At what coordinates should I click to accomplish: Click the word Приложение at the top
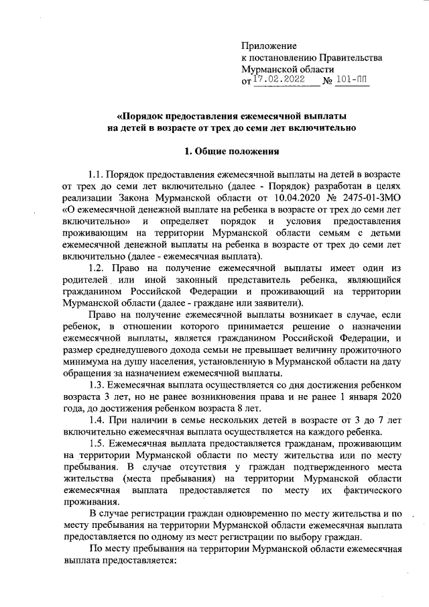(x=268, y=46)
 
